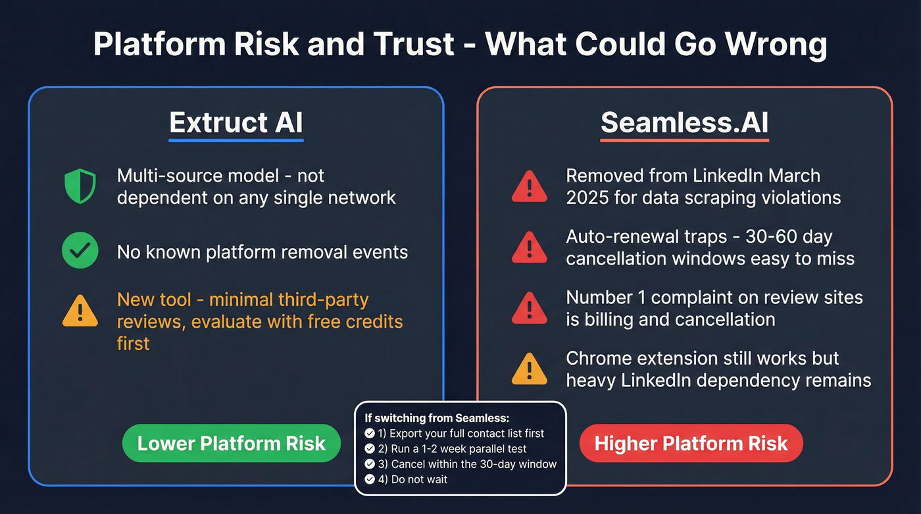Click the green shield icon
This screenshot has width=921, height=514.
pyautogui.click(x=80, y=186)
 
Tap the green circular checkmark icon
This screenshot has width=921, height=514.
pyautogui.click(x=80, y=251)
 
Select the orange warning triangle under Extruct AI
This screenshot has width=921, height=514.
pyautogui.click(x=80, y=311)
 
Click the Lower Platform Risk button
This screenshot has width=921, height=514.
pyautogui.click(x=232, y=443)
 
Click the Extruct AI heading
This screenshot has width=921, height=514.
pyautogui.click(x=236, y=123)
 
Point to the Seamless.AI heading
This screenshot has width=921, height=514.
pyautogui.click(x=684, y=123)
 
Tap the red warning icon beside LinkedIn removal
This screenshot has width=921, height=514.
pyautogui.click(x=530, y=186)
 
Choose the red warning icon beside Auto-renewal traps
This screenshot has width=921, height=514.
pyautogui.click(x=530, y=247)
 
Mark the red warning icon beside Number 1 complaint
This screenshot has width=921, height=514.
pyautogui.click(x=530, y=307)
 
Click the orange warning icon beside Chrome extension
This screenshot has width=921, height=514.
pyautogui.click(x=530, y=369)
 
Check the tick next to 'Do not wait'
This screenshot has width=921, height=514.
pyautogui.click(x=370, y=479)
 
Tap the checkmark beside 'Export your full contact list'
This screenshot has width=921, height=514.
pyautogui.click(x=370, y=434)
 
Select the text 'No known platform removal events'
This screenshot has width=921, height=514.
pyautogui.click(x=262, y=251)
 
